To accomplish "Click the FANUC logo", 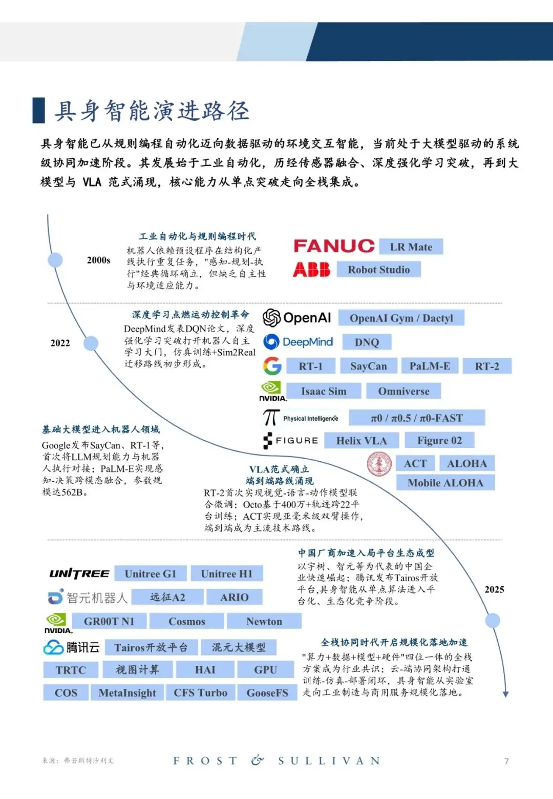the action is (x=334, y=246).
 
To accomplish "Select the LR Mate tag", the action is (x=411, y=247).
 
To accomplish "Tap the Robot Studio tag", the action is (x=379, y=269).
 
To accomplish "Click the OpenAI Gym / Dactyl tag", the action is (x=401, y=317).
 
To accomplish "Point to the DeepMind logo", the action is (x=298, y=342).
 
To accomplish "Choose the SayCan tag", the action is (x=369, y=366).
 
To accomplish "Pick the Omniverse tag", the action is (x=403, y=391).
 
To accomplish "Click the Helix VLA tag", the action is (x=361, y=441).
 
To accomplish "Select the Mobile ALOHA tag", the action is (x=445, y=483).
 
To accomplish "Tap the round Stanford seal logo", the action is (x=379, y=464).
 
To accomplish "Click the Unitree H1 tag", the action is (x=227, y=573).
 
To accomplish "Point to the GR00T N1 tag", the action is (x=109, y=621).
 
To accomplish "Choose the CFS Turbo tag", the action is (x=200, y=693).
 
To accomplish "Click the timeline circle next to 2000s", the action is (x=55, y=260).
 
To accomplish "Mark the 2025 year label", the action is (x=494, y=589).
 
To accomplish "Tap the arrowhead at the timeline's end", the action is (x=505, y=694).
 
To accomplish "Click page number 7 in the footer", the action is (x=506, y=761).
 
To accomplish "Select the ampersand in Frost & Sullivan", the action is (x=257, y=760).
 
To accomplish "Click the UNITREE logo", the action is (x=79, y=573).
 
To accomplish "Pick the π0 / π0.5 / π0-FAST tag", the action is (x=417, y=418).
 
